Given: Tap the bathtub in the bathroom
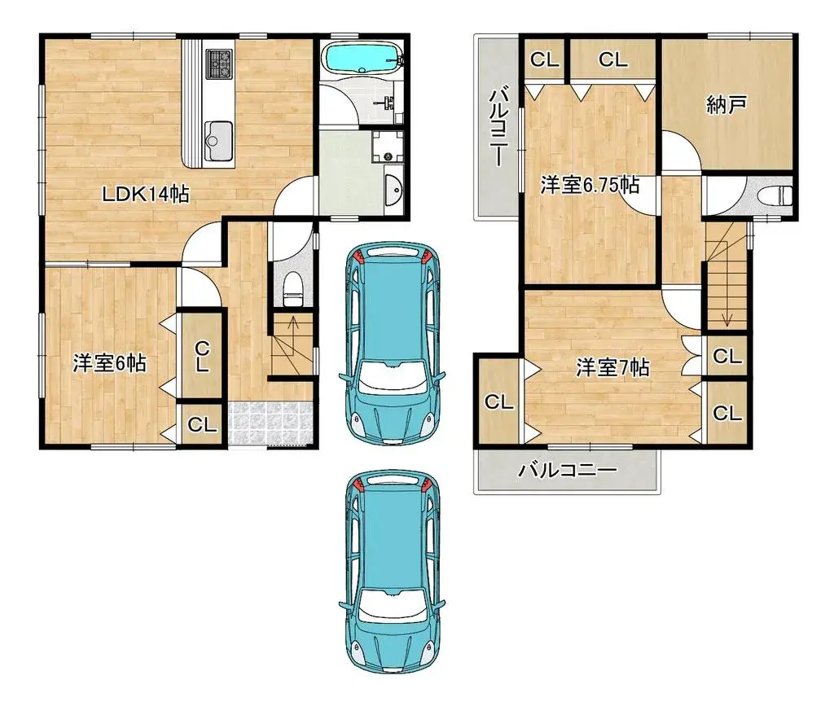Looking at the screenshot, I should click(360, 58).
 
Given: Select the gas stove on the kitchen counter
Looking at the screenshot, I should click(219, 64).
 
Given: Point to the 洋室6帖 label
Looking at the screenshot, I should click(109, 363).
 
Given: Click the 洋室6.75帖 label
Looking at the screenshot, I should click(590, 186).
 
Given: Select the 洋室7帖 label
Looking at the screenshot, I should click(612, 367).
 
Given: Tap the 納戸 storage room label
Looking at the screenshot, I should click(726, 105).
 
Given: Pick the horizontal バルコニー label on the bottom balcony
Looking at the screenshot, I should click(568, 470).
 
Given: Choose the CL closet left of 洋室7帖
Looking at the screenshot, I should click(498, 401).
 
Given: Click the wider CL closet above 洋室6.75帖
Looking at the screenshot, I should click(613, 59).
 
